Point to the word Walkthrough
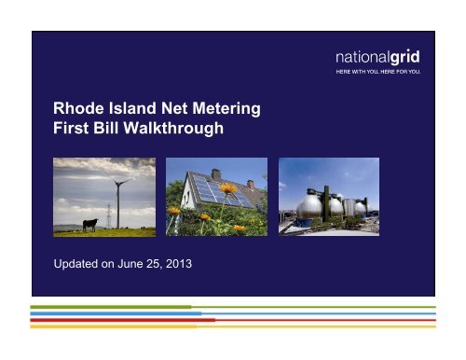174,130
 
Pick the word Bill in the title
108,130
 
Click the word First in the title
73,130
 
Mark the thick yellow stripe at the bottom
112,326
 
